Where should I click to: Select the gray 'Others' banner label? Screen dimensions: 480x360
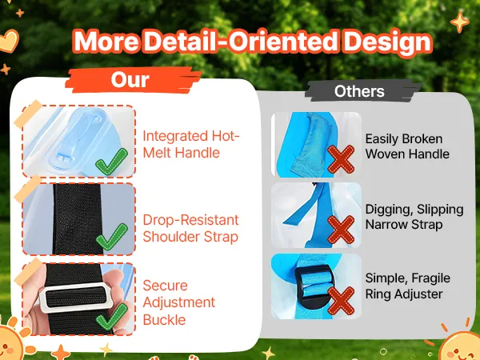coord(360,91)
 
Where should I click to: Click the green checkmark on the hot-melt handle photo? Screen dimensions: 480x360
coord(112,162)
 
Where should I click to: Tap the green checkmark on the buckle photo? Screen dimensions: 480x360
coord(112,317)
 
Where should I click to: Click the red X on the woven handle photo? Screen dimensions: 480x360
coord(341,159)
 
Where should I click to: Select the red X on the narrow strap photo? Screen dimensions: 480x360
coord(341,230)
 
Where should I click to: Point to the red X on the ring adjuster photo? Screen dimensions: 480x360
coord(341,301)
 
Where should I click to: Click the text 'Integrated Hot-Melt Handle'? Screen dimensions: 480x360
coord(190,144)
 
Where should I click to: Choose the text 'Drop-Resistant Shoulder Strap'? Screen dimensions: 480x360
coord(190,228)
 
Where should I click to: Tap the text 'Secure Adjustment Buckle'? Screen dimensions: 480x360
coord(178,302)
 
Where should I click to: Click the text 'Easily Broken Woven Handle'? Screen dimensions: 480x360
coord(407,146)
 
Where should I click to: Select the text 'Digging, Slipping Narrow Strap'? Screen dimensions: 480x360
coord(414,217)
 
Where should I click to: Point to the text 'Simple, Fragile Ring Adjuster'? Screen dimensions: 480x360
coord(407,286)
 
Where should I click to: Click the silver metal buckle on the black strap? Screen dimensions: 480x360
coord(75,297)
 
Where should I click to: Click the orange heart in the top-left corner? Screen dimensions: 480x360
coord(9,42)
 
